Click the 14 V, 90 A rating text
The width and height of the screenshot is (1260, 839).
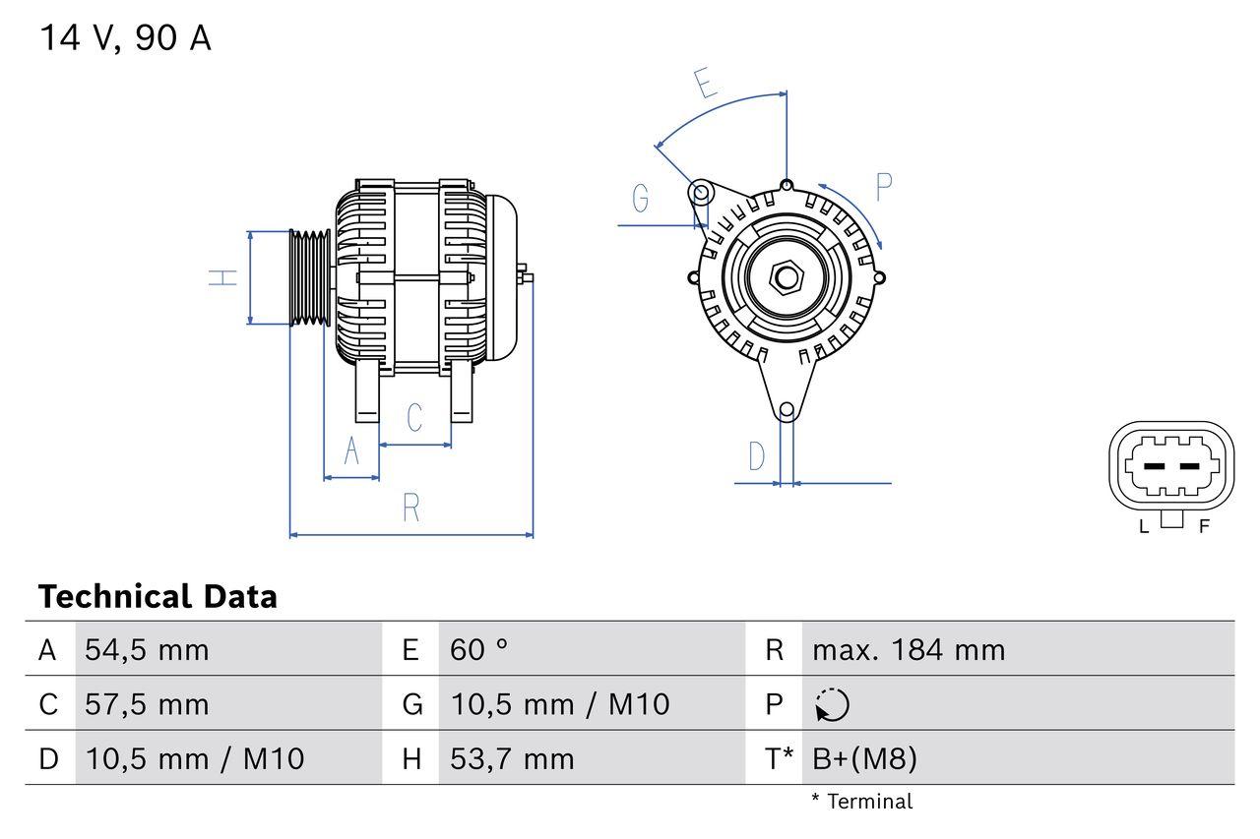pyautogui.click(x=125, y=38)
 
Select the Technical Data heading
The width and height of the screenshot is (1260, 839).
pyautogui.click(x=157, y=597)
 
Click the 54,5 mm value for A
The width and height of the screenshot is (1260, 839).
pyautogui.click(x=147, y=650)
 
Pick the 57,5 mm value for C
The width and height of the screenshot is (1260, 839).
pyautogui.click(x=147, y=704)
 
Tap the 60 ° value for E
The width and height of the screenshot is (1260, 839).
pyautogui.click(x=479, y=650)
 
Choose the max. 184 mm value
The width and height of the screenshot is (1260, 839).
pyautogui.click(x=909, y=650)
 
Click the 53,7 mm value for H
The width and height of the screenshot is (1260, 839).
pyautogui.click(x=512, y=758)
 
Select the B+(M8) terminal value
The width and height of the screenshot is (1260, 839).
pyautogui.click(x=864, y=758)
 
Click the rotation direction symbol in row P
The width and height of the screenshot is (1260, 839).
pyautogui.click(x=832, y=704)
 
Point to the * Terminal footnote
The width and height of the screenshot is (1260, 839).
pyautogui.click(x=861, y=802)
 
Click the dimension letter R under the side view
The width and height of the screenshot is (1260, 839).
pyautogui.click(x=411, y=508)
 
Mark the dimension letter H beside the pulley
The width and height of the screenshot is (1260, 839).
pyautogui.click(x=224, y=277)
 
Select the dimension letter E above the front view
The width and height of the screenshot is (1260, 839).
pyautogui.click(x=704, y=85)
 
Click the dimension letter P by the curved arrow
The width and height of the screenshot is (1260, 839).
pyautogui.click(x=883, y=186)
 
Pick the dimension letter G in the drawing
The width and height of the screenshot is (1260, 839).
pyautogui.click(x=641, y=199)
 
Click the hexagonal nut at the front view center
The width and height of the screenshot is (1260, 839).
pyautogui.click(x=786, y=277)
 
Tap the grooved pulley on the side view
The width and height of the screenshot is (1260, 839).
pyautogui.click(x=310, y=277)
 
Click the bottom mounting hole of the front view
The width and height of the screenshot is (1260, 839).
pyautogui.click(x=787, y=410)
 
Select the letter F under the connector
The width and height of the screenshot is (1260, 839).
pyautogui.click(x=1203, y=526)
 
